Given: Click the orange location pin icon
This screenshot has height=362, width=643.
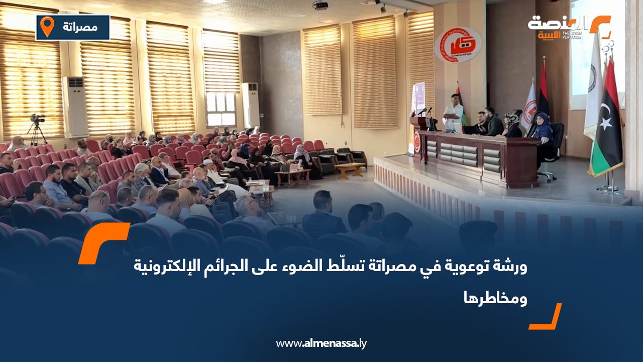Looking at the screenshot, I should (x=47, y=27).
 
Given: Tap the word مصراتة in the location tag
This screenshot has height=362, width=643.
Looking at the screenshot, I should (x=80, y=27).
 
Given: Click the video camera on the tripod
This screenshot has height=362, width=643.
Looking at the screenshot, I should (x=37, y=119).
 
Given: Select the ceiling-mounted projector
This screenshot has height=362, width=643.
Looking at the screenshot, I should (x=320, y=5).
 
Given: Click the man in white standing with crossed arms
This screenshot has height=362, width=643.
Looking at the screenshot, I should (x=454, y=114).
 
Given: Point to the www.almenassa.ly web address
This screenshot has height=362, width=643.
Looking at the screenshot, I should (x=321, y=344).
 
